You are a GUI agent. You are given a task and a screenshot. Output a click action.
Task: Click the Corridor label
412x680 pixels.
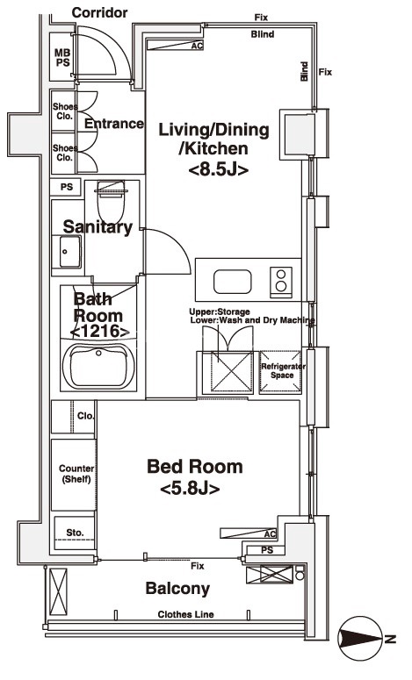(99, 12)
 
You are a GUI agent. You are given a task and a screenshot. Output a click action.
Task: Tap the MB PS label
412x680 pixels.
(62, 58)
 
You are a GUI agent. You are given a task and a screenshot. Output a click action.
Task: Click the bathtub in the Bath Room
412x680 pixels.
(98, 366)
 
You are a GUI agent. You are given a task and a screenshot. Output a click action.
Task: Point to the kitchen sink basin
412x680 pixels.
(232, 282)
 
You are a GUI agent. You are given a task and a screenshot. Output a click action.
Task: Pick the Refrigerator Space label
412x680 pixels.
(283, 371)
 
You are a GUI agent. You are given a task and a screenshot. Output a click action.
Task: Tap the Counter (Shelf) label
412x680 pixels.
(76, 474)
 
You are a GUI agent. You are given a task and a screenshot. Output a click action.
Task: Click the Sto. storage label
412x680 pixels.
(75, 532)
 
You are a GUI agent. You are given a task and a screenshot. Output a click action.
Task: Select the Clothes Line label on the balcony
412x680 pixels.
(186, 614)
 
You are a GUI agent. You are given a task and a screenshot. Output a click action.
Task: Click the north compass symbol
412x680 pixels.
(361, 639)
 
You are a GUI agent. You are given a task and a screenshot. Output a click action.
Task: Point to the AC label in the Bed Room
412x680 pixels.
(270, 533)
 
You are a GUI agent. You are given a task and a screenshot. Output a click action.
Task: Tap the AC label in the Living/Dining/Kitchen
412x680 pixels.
(197, 45)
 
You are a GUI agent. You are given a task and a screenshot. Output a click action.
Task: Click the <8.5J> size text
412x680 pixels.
(219, 169)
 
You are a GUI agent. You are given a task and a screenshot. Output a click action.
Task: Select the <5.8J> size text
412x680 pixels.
(190, 489)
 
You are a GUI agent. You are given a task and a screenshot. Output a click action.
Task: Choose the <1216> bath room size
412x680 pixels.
(99, 332)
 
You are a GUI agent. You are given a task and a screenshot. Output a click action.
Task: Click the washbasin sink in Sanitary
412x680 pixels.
(70, 252)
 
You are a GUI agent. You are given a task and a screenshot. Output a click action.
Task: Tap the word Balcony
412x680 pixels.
(177, 589)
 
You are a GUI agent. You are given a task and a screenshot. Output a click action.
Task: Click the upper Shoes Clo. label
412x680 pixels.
(65, 111)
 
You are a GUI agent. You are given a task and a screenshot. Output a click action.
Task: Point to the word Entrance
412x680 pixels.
(113, 124)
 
